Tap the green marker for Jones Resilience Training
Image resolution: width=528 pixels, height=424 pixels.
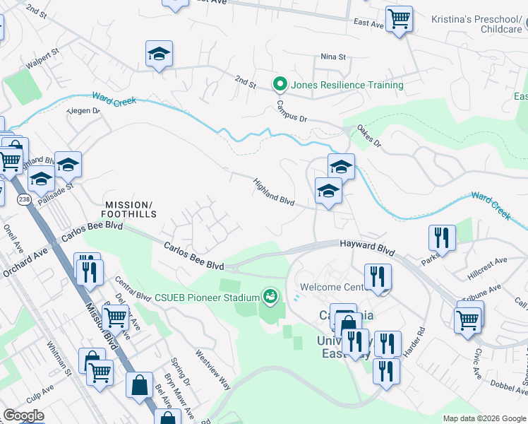pos(280,85)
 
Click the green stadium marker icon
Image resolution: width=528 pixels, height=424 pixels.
pos(269,295)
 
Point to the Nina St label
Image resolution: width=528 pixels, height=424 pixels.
pos(333,57)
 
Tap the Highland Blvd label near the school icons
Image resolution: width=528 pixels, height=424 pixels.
pos(274,191)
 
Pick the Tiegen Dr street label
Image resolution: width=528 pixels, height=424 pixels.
pos(83,112)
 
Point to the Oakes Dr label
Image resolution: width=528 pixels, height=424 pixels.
pos(368,136)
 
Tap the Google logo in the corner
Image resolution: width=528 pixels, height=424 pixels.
pos(23,416)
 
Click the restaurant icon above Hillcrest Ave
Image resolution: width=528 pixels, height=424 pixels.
pos(443,237)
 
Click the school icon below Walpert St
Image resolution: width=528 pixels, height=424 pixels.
pos(160,53)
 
